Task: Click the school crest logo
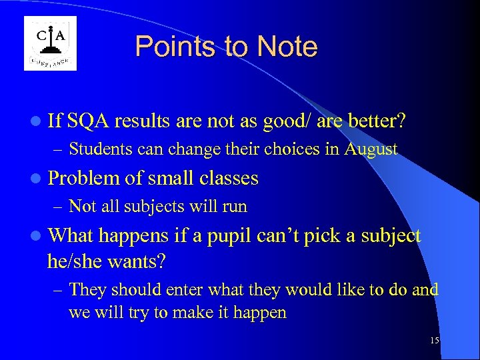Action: tap(50, 43)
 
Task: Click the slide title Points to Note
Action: tap(226, 47)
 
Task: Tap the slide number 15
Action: tap(435, 341)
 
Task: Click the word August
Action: tap(371, 149)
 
